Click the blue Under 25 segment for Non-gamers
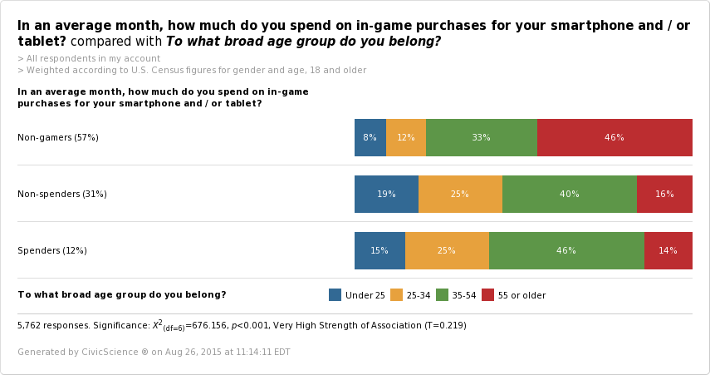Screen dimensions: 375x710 [x=370, y=137]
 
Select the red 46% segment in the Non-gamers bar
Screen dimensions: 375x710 [x=615, y=137]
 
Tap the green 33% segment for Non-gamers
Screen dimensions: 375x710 [x=482, y=137]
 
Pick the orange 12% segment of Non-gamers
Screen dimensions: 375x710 [x=406, y=137]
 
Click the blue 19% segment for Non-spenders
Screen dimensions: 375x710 [x=386, y=194]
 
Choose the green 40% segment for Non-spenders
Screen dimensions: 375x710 [x=570, y=194]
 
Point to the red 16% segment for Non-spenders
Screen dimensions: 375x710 [x=664, y=194]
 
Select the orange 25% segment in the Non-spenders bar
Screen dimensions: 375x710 [x=460, y=194]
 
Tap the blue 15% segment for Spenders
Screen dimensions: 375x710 [x=379, y=250]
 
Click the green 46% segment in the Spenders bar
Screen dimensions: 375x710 [x=566, y=250]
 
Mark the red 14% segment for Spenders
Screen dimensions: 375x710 [x=668, y=250]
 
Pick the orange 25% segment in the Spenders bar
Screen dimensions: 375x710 [x=447, y=250]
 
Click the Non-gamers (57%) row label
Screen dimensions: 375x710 [x=58, y=137]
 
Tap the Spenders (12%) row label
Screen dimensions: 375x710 [x=52, y=250]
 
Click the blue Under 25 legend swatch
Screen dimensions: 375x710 [x=335, y=294]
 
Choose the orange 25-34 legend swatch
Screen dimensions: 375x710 [x=396, y=294]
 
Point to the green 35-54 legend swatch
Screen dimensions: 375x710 [x=442, y=294]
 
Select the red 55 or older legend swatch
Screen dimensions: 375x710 [x=487, y=294]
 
